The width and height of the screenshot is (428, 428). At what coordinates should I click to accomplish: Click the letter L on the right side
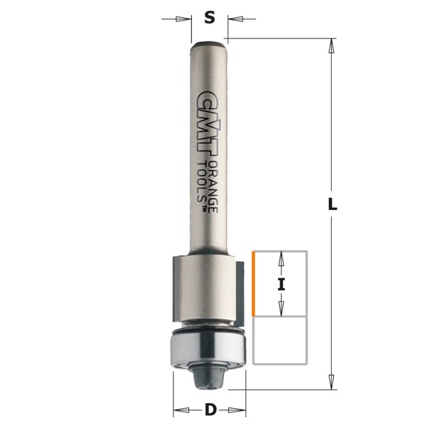click(x=332, y=204)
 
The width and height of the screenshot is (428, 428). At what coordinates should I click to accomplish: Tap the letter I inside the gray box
click(x=281, y=284)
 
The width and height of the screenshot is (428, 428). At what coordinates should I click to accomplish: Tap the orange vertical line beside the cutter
click(x=253, y=284)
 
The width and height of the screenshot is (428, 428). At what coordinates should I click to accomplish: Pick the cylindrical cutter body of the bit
click(x=208, y=285)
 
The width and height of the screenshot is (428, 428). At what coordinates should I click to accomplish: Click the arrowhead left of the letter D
click(x=180, y=410)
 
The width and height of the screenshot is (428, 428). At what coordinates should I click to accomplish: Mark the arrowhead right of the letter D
click(x=240, y=410)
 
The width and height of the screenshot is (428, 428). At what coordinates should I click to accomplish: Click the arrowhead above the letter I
click(x=281, y=258)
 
